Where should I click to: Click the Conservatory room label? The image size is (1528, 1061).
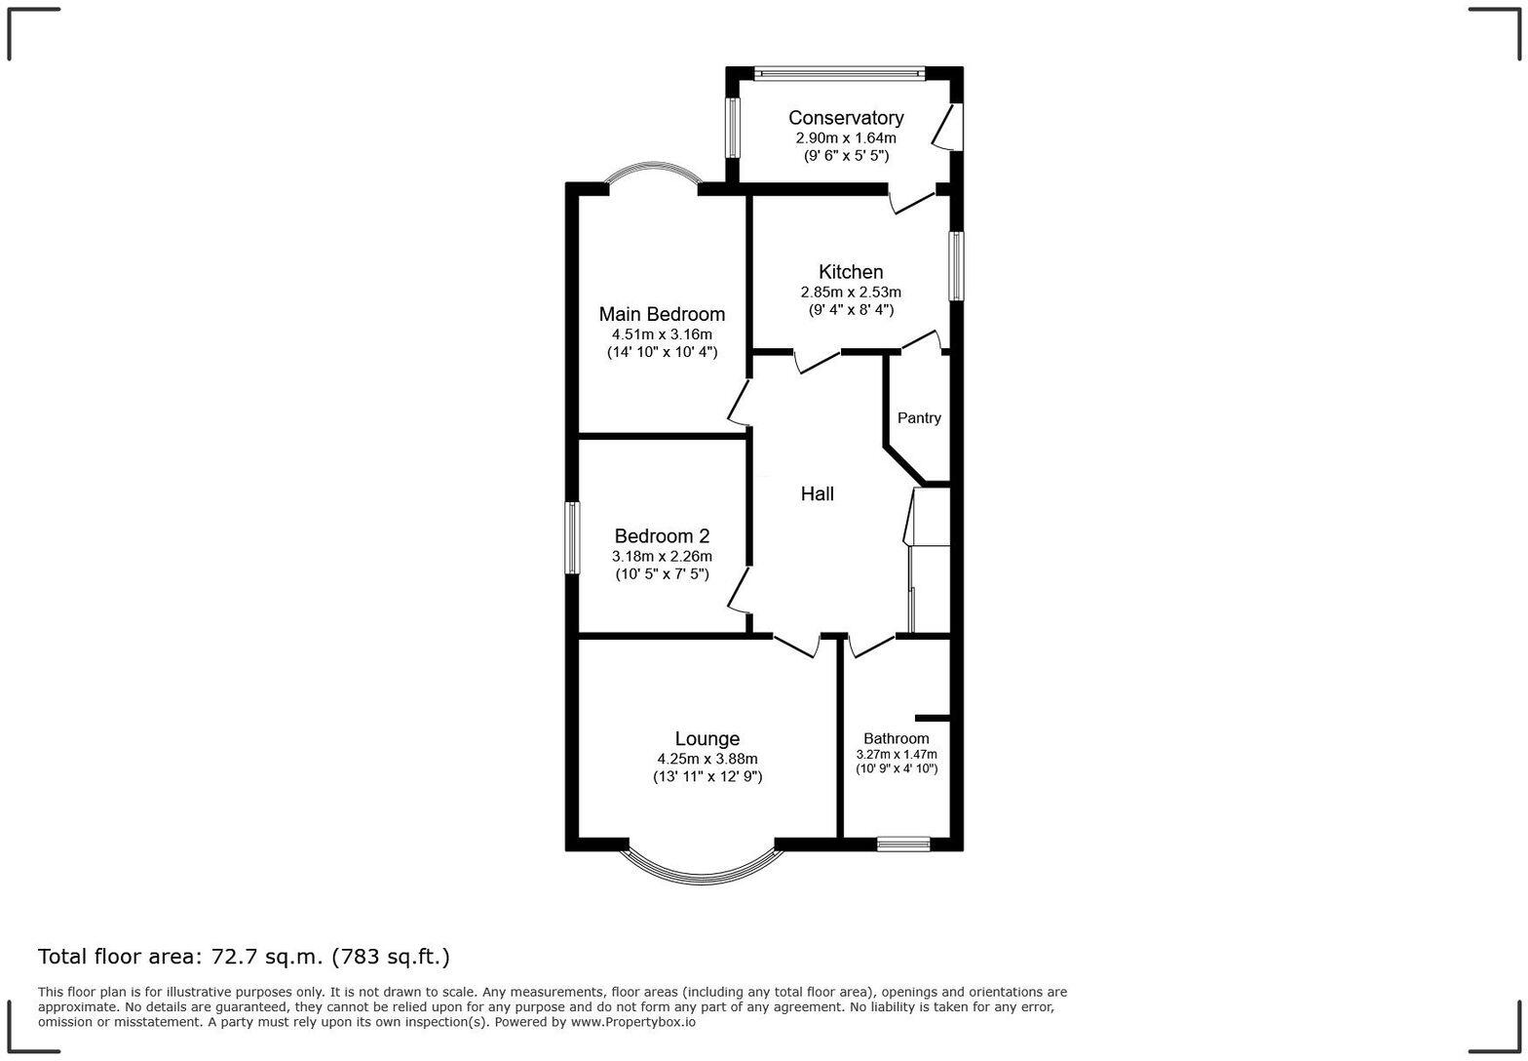click(x=845, y=118)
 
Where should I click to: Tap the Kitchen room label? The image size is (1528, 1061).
click(x=851, y=272)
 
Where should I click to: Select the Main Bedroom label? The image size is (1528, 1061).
click(x=662, y=314)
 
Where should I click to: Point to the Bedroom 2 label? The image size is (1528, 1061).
click(x=662, y=536)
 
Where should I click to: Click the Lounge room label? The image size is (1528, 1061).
click(x=707, y=739)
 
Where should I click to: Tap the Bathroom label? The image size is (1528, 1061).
click(x=896, y=739)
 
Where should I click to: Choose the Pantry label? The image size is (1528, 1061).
click(x=919, y=418)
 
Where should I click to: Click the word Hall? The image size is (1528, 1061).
click(x=817, y=494)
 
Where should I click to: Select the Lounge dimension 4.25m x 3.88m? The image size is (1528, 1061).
click(x=707, y=759)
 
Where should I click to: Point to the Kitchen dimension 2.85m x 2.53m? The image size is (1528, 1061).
click(x=851, y=293)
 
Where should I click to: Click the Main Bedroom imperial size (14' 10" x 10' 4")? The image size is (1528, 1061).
click(x=662, y=352)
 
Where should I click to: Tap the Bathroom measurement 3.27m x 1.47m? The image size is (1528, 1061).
click(x=896, y=755)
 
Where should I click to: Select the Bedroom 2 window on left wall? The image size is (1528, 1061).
click(x=573, y=537)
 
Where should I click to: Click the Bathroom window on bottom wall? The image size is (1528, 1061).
click(x=902, y=845)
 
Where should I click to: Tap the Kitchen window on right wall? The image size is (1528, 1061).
click(x=957, y=266)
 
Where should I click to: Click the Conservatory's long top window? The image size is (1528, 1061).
click(x=839, y=72)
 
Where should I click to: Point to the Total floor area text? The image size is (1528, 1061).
click(x=244, y=957)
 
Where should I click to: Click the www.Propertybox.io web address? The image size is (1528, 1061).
click(x=632, y=1022)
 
